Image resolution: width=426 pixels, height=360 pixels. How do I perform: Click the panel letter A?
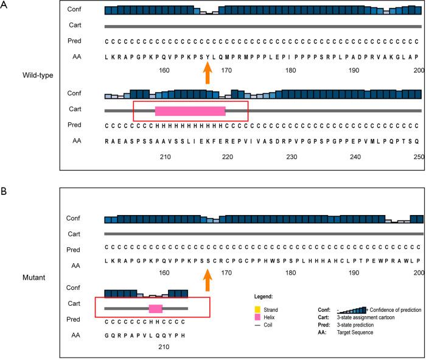(x=5, y=5)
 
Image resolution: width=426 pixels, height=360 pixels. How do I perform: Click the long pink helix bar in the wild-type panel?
(x=190, y=111)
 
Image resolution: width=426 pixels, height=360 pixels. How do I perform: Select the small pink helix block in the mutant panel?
(x=156, y=308)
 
